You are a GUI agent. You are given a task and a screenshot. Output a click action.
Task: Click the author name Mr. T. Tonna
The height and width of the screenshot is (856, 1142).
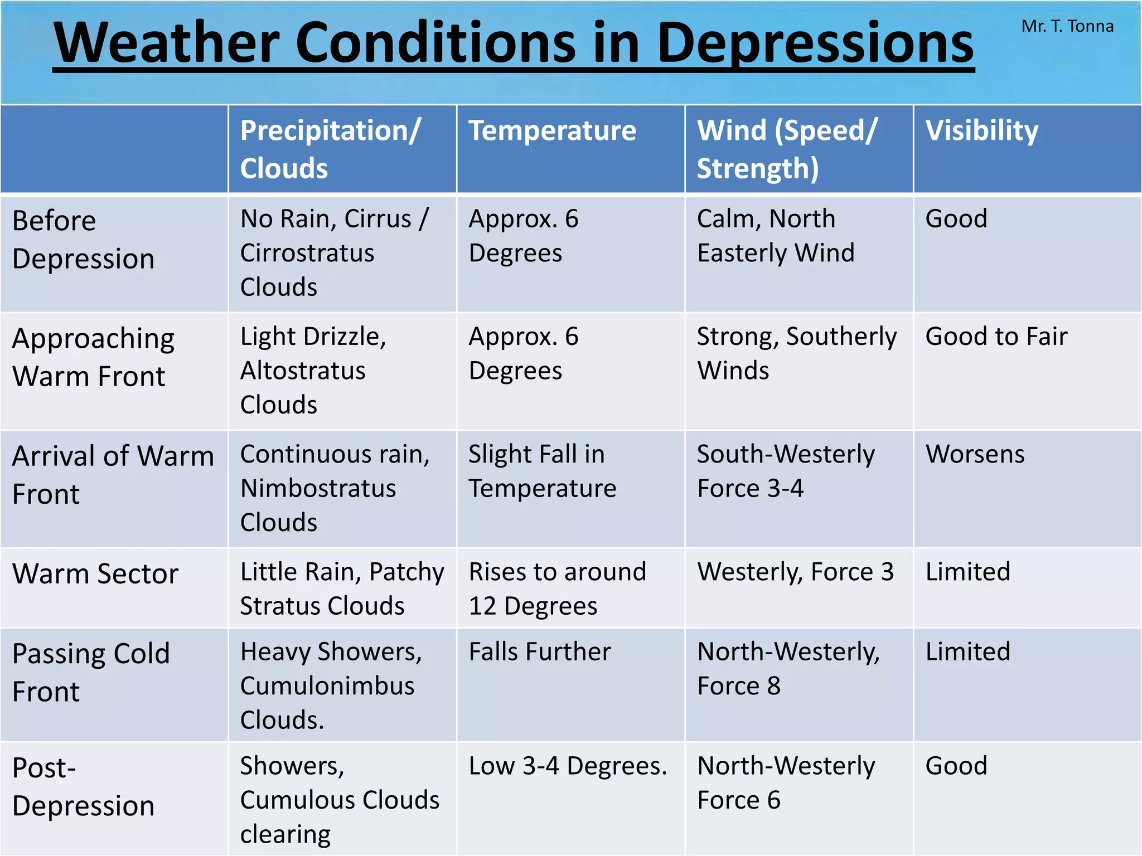click(x=1067, y=26)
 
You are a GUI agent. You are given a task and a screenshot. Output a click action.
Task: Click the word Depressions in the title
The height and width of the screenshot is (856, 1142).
click(x=815, y=43)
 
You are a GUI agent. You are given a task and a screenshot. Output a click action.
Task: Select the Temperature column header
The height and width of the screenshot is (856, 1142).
click(x=552, y=131)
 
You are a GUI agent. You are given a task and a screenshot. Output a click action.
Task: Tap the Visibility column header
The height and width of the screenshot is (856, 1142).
click(x=981, y=131)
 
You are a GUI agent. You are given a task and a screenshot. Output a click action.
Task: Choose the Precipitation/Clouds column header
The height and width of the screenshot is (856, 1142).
click(x=330, y=149)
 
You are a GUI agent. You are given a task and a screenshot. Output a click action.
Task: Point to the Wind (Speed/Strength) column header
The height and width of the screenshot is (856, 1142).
click(x=787, y=149)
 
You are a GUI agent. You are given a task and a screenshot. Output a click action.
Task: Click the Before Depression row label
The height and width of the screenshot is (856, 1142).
click(x=83, y=240)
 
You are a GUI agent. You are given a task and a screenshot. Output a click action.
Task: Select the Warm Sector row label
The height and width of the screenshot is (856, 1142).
click(x=95, y=573)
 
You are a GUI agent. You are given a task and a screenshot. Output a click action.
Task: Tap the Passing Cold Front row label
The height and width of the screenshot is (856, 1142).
click(x=91, y=672)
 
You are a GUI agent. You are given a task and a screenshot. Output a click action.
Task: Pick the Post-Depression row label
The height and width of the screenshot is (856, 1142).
click(x=83, y=786)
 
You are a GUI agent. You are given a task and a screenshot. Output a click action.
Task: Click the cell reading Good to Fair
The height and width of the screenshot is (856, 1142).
click(x=996, y=337)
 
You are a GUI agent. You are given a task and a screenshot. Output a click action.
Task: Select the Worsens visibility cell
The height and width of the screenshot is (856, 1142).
click(x=975, y=454)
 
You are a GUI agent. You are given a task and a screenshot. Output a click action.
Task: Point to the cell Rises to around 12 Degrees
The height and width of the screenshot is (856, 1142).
click(x=557, y=588)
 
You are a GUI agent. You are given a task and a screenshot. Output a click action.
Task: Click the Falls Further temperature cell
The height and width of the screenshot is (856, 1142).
click(x=540, y=652)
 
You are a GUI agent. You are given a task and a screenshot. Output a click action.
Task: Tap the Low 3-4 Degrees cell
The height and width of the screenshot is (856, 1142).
click(x=568, y=766)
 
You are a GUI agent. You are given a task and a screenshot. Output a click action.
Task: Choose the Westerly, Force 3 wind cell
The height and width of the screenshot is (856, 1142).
click(x=795, y=572)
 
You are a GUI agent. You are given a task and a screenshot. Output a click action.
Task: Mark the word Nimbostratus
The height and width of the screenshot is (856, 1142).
click(x=318, y=489)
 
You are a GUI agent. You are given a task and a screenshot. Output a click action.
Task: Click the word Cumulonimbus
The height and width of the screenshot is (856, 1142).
click(x=327, y=686)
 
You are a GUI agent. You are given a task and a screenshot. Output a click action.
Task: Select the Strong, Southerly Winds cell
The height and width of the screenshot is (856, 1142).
click(x=796, y=353)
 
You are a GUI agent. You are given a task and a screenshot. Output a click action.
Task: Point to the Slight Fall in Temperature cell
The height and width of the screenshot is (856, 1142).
click(x=542, y=471)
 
